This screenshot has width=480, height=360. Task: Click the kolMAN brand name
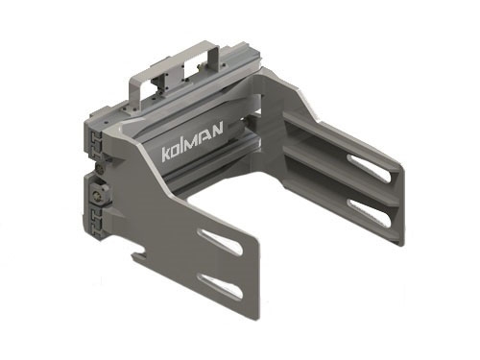pyautogui.click(x=192, y=141)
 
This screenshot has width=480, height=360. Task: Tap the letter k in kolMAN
pyautogui.click(x=166, y=154)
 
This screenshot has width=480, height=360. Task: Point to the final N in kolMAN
pyautogui.click(x=217, y=130)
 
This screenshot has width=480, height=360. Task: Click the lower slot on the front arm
pyautogui.click(x=220, y=287)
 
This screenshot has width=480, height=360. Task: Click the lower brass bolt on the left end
pyautogui.click(x=97, y=195)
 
